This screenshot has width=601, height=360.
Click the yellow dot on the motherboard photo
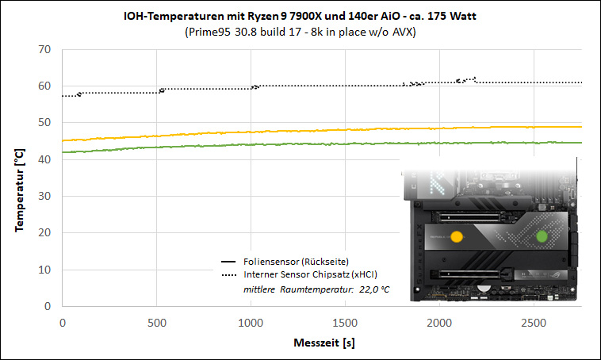[457, 236]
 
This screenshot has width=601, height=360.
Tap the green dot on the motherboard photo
[542, 236]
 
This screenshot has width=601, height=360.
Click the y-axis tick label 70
[44, 49]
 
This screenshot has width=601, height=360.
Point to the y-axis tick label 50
[44, 123]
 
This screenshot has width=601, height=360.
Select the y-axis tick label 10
[44, 270]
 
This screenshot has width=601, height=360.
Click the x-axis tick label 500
[157, 323]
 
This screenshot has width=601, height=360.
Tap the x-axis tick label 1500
[345, 323]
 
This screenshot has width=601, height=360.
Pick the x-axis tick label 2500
[534, 323]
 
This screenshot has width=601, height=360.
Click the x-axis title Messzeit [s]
[324, 343]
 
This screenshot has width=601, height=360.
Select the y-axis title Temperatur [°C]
[19, 190]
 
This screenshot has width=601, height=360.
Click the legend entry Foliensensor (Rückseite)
[296, 262]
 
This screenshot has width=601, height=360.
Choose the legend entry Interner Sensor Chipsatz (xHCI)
[311, 274]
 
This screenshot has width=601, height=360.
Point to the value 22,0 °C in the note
[374, 289]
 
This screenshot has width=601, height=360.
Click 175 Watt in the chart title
[452, 16]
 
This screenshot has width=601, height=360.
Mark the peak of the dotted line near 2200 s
[474, 79]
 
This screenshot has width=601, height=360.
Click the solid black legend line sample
[228, 262]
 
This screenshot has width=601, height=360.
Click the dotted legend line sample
[229, 275]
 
